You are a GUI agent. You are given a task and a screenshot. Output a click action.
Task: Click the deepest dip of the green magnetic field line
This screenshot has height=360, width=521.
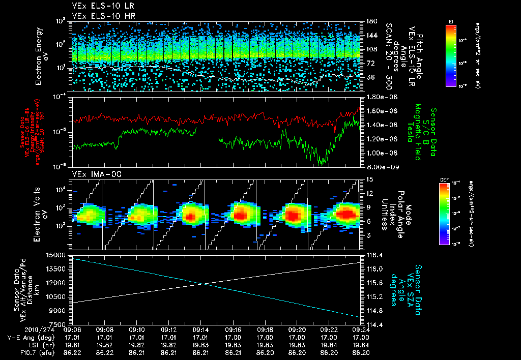321,165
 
